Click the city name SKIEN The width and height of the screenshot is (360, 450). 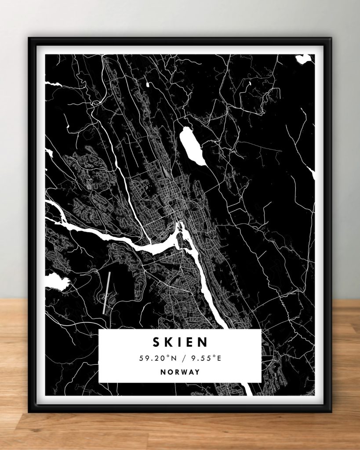[x=180, y=342]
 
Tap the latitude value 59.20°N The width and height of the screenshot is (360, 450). [x=156, y=358]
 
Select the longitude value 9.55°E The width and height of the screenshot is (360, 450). [x=203, y=358]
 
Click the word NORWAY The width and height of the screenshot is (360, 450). [x=180, y=372]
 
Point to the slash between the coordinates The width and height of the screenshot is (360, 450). [x=180, y=358]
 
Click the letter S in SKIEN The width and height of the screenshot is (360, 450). [x=156, y=342]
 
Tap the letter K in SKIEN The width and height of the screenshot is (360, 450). [x=168, y=342]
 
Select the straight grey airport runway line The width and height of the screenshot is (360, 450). [x=106, y=293]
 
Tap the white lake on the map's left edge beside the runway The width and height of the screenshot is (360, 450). [x=56, y=281]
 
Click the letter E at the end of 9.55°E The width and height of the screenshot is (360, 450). [x=218, y=358]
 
